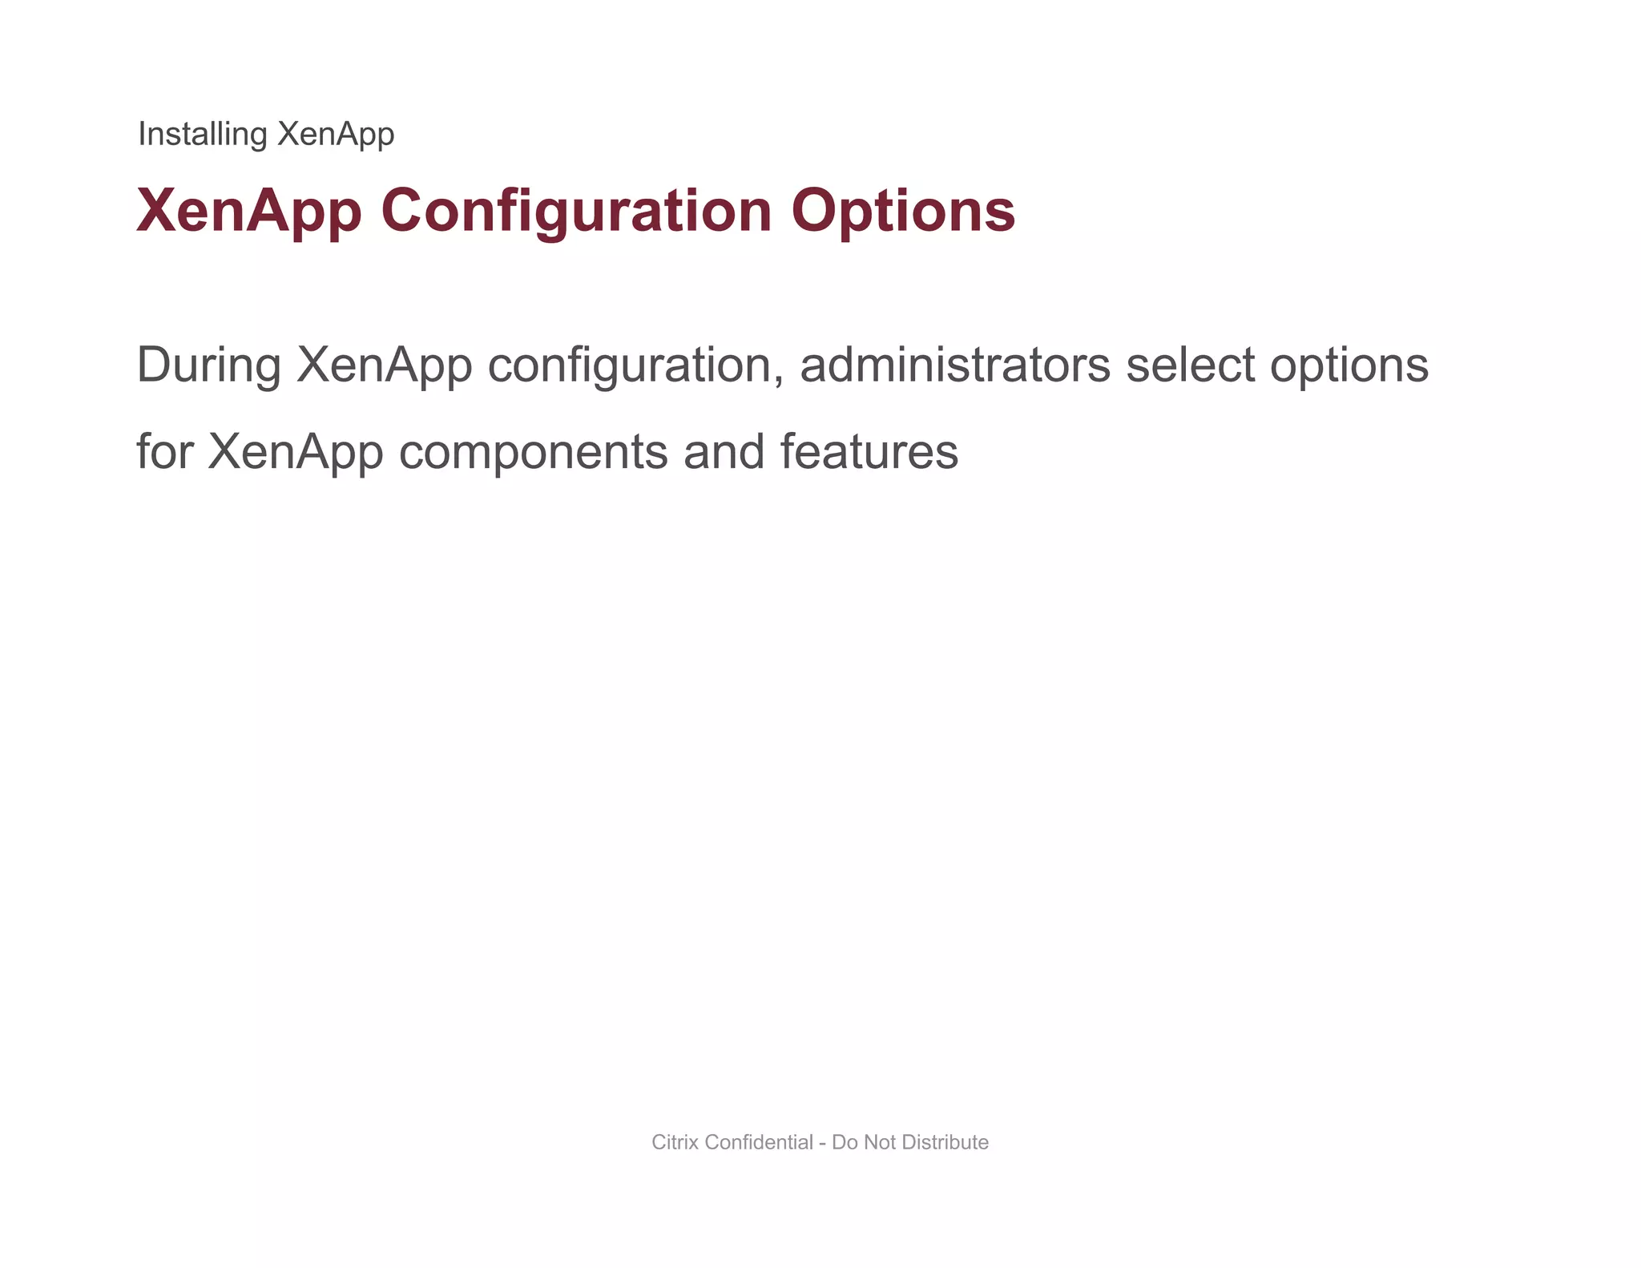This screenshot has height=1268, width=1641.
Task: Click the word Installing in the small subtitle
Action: click(202, 134)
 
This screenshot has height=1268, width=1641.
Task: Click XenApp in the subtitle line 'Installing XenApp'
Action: click(335, 134)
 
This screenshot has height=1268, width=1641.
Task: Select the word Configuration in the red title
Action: click(576, 211)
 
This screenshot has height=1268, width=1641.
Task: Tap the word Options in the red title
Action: click(903, 211)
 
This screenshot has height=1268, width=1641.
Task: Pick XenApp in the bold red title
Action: click(249, 211)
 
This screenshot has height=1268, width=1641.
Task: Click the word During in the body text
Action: click(208, 365)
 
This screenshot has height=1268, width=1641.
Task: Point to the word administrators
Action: click(955, 365)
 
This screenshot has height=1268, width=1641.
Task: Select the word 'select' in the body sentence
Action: click(1190, 365)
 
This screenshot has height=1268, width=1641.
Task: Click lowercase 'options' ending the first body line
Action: click(1349, 366)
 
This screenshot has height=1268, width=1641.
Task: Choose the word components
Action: click(534, 452)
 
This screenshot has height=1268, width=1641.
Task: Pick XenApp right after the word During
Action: click(384, 365)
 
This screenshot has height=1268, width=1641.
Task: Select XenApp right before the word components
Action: click(296, 452)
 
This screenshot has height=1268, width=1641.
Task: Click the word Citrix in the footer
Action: click(675, 1142)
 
